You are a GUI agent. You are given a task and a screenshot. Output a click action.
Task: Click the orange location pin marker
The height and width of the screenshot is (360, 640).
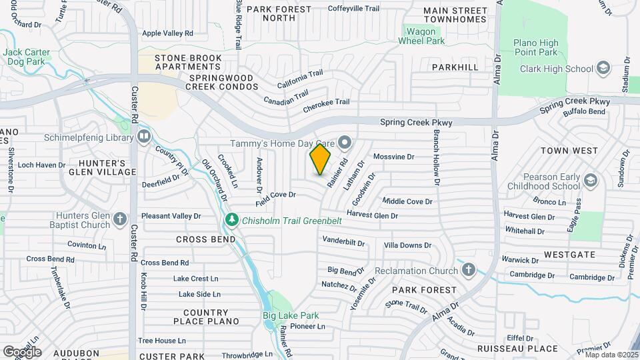320,159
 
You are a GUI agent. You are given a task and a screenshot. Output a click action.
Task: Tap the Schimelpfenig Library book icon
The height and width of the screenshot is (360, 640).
144,137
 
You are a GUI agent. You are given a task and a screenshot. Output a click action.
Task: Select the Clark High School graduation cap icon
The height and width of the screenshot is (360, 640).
603,69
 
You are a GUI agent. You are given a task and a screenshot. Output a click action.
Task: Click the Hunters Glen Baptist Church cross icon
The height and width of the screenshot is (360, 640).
120,219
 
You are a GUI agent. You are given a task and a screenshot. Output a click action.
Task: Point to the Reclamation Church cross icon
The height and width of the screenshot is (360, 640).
469,270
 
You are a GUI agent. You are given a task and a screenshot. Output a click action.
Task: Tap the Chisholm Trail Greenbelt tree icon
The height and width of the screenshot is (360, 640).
231,220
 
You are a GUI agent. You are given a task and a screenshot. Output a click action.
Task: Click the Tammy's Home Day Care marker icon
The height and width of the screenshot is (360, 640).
344,143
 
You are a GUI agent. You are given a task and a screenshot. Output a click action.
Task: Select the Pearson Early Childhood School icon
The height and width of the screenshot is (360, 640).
590,181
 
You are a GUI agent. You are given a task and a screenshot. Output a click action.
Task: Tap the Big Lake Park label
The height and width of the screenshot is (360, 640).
290,315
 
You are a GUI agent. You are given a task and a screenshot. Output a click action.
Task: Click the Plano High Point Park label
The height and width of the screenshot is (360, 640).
535,47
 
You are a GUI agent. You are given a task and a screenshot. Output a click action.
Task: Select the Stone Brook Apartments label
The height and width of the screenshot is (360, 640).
188,62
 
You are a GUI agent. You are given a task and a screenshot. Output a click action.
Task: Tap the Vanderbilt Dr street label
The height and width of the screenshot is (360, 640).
343,241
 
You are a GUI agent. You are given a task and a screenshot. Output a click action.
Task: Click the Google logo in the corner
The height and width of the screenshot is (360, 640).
22,351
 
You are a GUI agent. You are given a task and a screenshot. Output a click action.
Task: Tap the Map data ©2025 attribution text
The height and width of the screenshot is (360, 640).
611,355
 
